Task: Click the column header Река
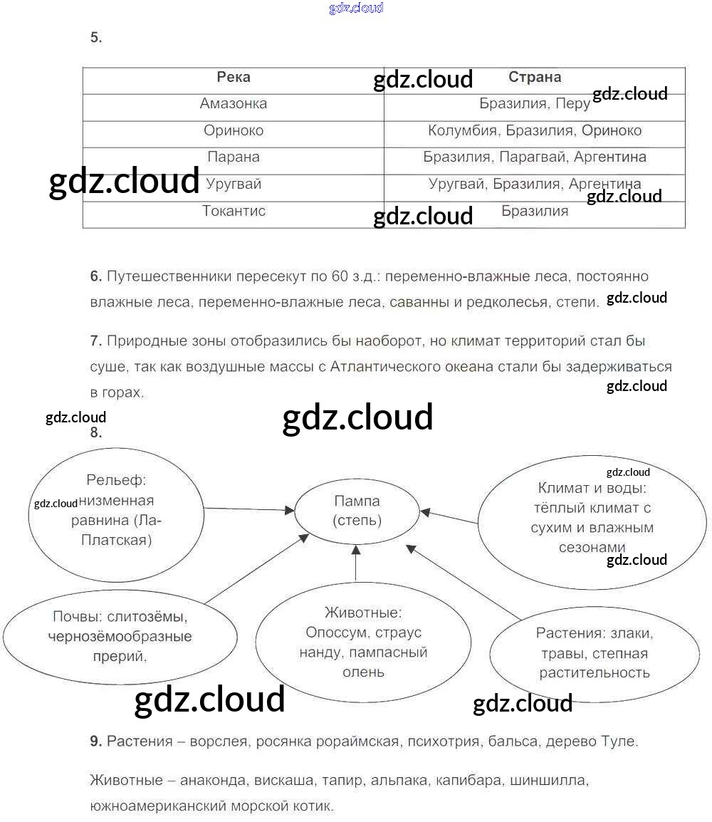[x=234, y=78]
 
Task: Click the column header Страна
[x=535, y=78]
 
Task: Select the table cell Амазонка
[x=234, y=104]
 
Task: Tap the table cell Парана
[x=234, y=157]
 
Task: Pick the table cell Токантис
[x=234, y=212]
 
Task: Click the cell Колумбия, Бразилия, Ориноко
[x=535, y=131]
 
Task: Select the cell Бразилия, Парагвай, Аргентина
[x=535, y=157]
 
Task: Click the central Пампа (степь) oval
[x=357, y=511]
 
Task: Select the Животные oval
[x=363, y=642]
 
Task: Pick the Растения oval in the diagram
[x=594, y=652]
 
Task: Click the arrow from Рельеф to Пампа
[x=249, y=509]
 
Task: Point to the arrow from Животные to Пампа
[x=356, y=561]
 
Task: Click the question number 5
[x=96, y=38]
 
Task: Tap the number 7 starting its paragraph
[x=96, y=341]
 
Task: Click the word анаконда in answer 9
[x=214, y=781]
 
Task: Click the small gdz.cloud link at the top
[x=356, y=8]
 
